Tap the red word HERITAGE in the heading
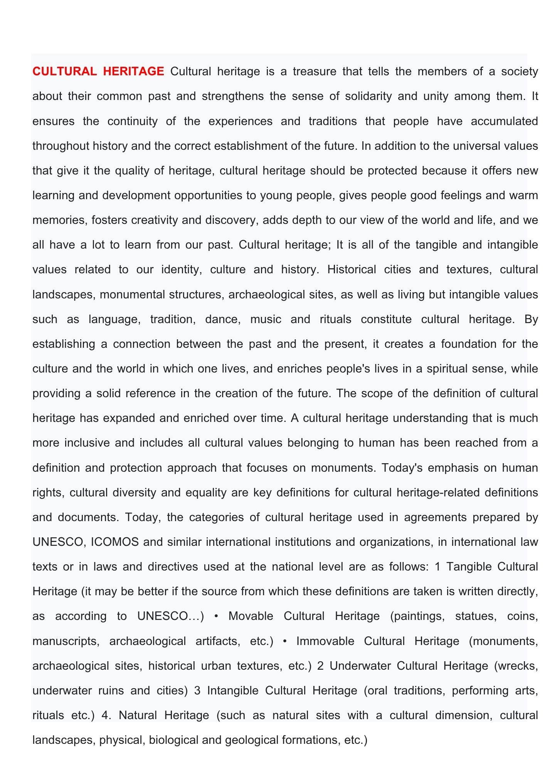[x=133, y=71]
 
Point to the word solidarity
[x=368, y=96]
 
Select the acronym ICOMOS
[x=114, y=542]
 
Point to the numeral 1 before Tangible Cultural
[x=437, y=567]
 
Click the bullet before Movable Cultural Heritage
[x=216, y=616]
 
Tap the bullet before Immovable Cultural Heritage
[x=285, y=641]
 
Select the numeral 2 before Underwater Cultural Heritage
[x=320, y=666]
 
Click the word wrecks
[x=516, y=666]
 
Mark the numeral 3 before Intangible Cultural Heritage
[x=197, y=691]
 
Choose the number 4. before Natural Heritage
[x=106, y=715]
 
